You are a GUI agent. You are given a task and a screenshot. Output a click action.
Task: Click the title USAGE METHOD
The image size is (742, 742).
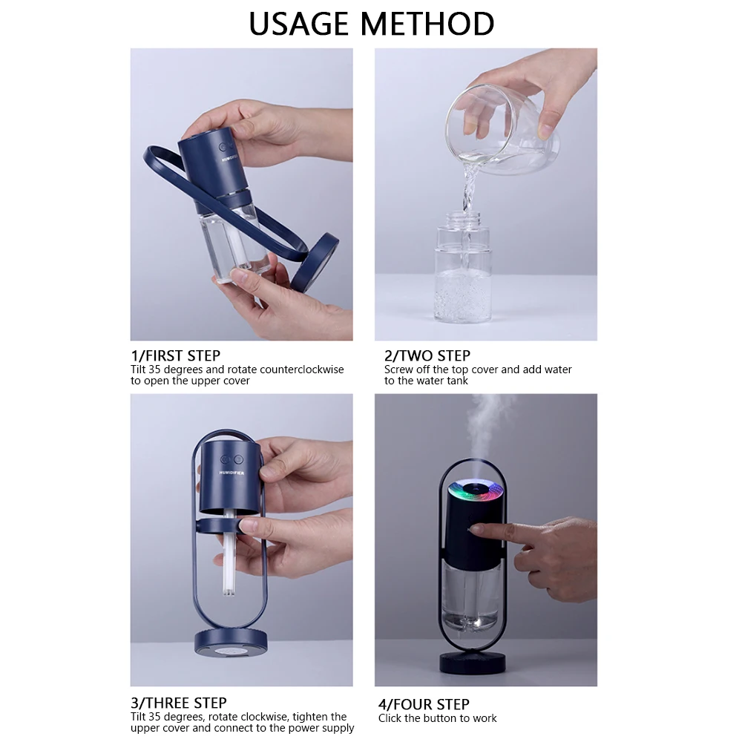371,24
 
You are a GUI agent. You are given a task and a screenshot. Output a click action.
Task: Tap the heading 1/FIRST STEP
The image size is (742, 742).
175,355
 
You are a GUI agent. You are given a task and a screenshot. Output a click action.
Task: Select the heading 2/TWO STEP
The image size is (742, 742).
427,355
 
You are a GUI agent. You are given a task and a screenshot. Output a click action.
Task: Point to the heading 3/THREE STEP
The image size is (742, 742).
179,703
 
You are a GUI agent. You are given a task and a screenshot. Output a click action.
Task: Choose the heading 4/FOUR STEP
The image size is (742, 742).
424,704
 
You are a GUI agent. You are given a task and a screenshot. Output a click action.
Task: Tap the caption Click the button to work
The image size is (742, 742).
437,718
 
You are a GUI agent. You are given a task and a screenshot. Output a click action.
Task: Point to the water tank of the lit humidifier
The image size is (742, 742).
472,594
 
